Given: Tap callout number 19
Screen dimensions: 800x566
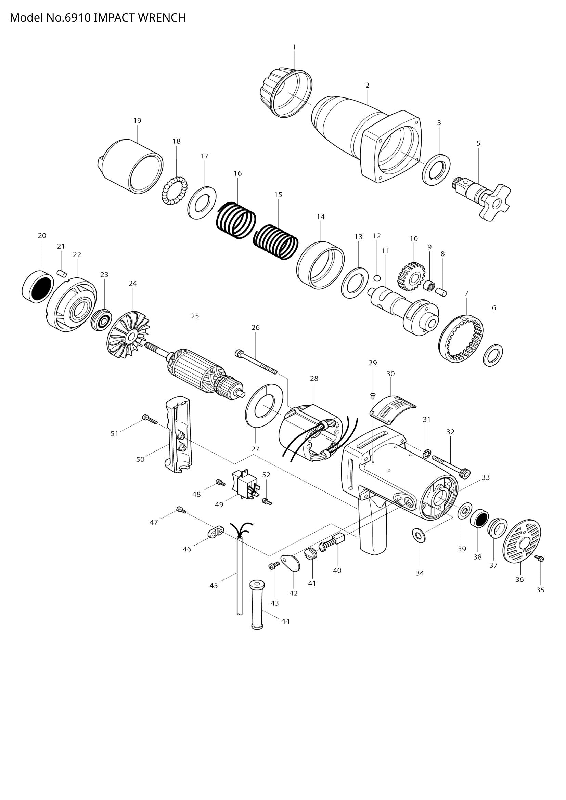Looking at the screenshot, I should point(137,121).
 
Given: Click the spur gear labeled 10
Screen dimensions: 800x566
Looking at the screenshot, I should point(412,277).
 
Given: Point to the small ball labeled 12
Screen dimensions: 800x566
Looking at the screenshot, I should point(377,278).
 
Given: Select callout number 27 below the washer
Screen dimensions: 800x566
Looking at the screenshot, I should point(256,449).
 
